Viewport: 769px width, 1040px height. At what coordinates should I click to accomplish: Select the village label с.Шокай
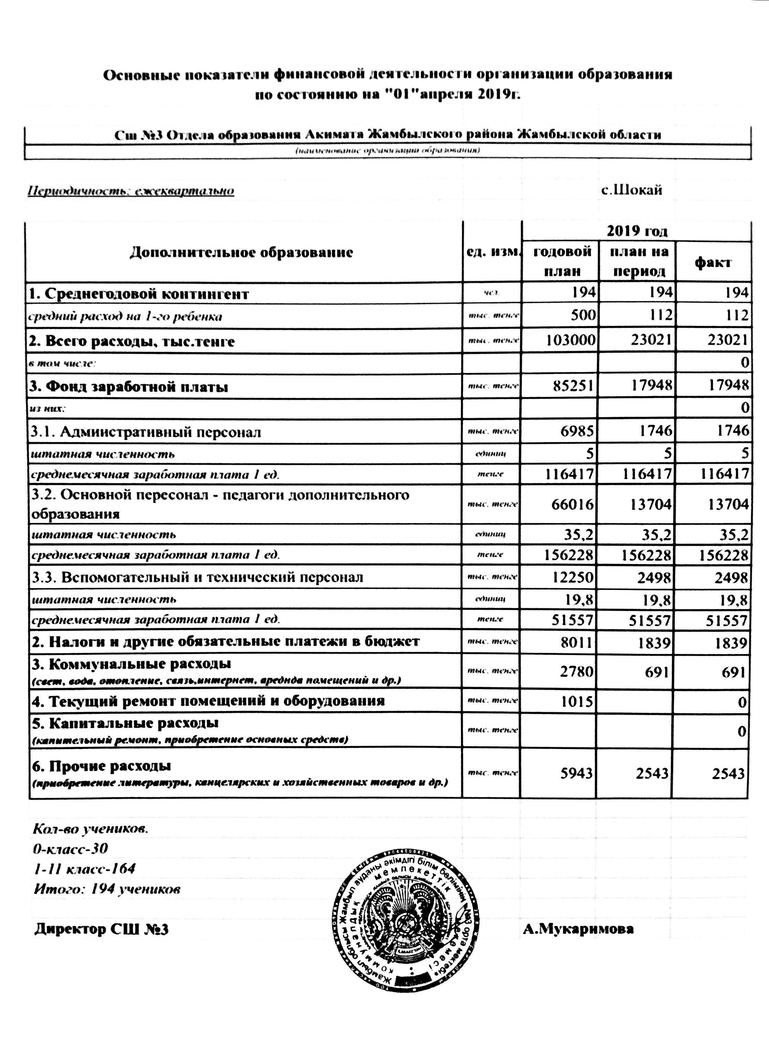coord(632,190)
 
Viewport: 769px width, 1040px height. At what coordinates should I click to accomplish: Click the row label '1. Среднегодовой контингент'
coord(139,294)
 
